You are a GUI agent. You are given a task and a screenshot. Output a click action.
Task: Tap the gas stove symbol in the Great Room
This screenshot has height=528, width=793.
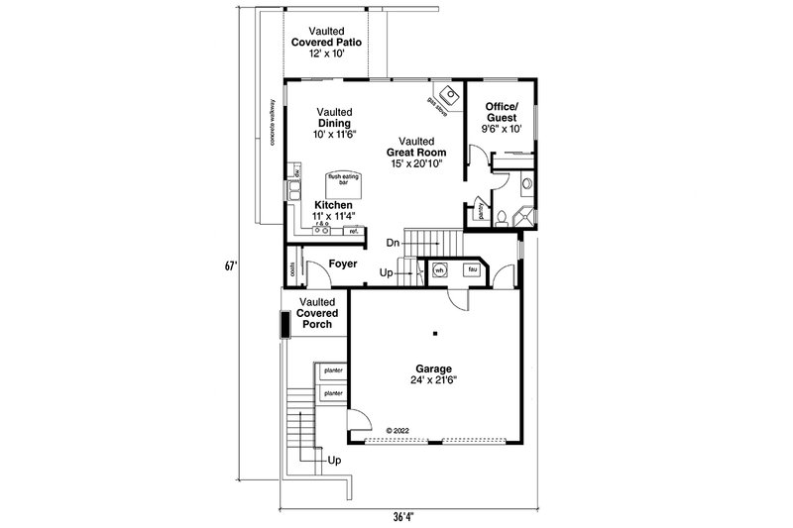pyautogui.click(x=451, y=95)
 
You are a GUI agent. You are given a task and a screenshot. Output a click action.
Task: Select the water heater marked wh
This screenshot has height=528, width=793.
pyautogui.click(x=439, y=267)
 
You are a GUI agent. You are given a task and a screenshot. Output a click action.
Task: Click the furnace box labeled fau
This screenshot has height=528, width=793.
pyautogui.click(x=473, y=267)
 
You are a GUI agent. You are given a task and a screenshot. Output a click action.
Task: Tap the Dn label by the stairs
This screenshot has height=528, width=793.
pyautogui.click(x=394, y=242)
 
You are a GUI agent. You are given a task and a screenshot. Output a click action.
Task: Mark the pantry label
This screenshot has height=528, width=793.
pyautogui.click(x=481, y=211)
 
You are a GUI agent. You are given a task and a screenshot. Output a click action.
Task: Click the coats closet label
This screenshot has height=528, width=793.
pyautogui.click(x=293, y=269)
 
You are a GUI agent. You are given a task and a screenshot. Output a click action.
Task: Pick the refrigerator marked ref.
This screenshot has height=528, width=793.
pyautogui.click(x=352, y=232)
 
